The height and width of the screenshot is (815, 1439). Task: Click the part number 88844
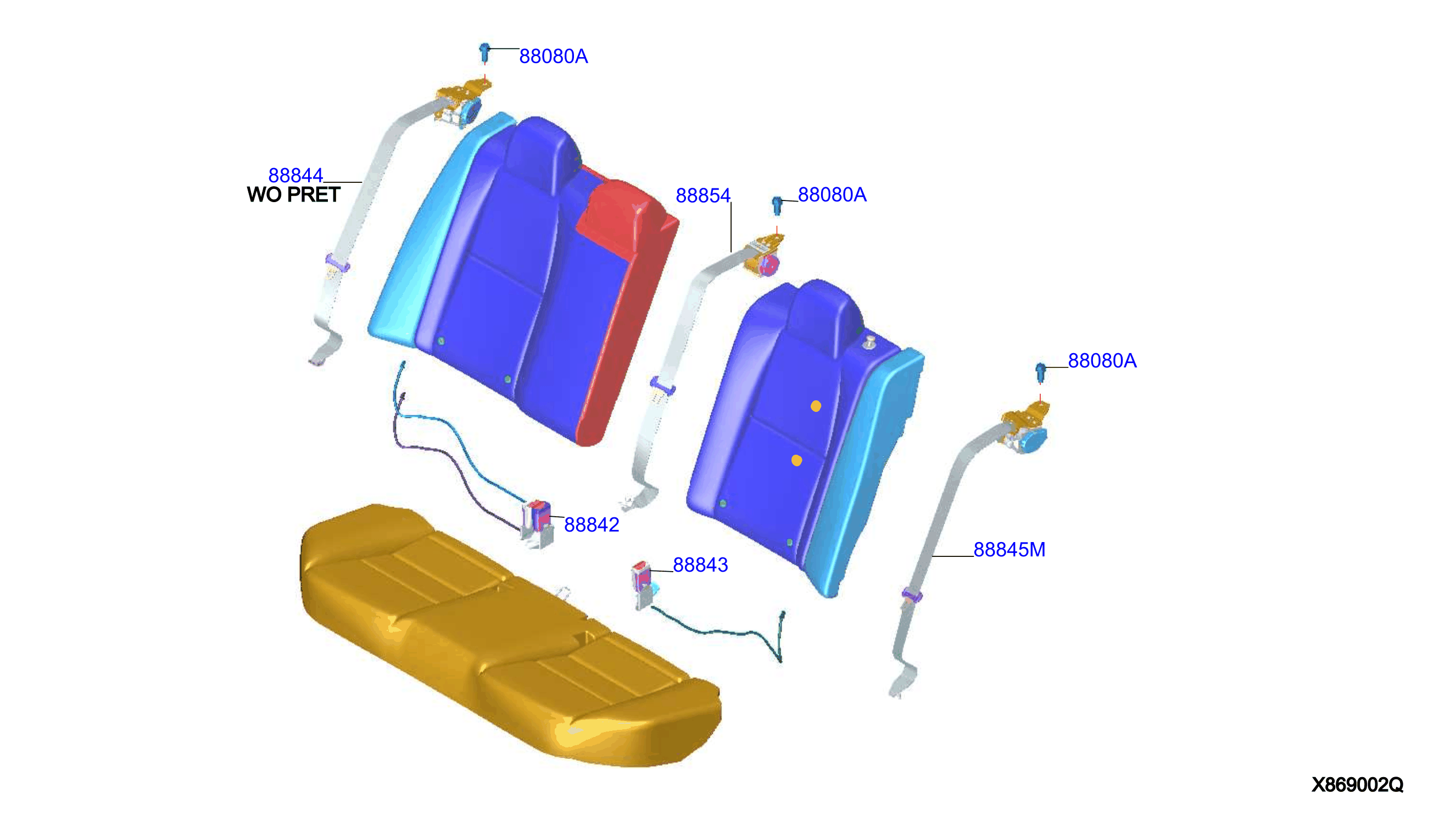pyautogui.click(x=295, y=176)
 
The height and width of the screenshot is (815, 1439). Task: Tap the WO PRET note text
pyautogui.click(x=294, y=195)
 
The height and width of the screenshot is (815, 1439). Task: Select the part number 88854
pyautogui.click(x=703, y=196)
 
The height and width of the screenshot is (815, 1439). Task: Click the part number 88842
pyautogui.click(x=592, y=524)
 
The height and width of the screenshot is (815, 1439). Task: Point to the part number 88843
pyautogui.click(x=700, y=565)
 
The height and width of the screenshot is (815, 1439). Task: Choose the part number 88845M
pyautogui.click(x=1009, y=549)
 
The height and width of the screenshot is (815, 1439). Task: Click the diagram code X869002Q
pyautogui.click(x=1357, y=785)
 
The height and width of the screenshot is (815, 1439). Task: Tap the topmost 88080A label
pyautogui.click(x=554, y=56)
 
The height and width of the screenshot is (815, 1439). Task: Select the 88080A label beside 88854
pyautogui.click(x=832, y=194)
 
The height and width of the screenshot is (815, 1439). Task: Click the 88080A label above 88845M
pyautogui.click(x=1102, y=360)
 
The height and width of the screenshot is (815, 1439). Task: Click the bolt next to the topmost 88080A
pyautogui.click(x=485, y=53)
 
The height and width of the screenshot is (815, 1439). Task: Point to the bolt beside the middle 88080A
pyautogui.click(x=777, y=205)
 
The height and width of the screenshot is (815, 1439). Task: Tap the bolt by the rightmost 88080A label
pyautogui.click(x=1040, y=373)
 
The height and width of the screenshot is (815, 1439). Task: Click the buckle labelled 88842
pyautogui.click(x=537, y=524)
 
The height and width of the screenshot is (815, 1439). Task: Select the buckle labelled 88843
pyautogui.click(x=644, y=584)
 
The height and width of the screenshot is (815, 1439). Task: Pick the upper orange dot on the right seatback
pyautogui.click(x=816, y=406)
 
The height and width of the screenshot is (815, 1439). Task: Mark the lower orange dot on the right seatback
pyautogui.click(x=796, y=460)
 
